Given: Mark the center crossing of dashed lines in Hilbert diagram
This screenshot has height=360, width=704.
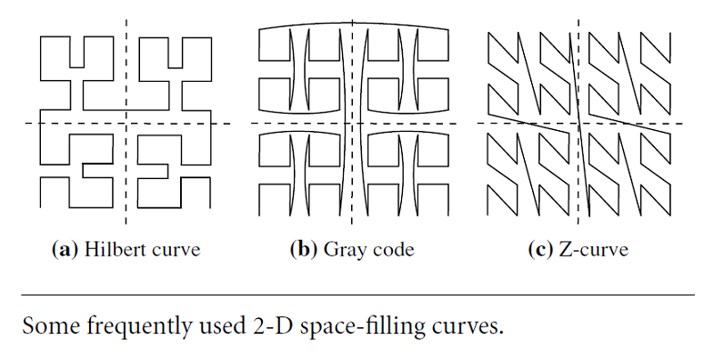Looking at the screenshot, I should [x=126, y=123].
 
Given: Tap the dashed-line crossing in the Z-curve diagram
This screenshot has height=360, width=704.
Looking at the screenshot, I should [x=580, y=123].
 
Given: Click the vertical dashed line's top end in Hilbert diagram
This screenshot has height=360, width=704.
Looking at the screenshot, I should [x=126, y=20].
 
